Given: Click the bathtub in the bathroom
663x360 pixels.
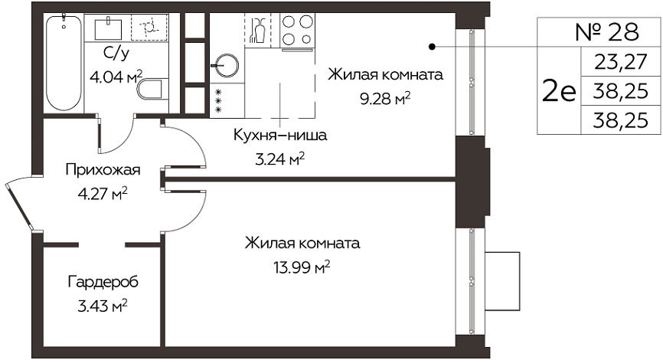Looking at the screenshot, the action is point(64,63).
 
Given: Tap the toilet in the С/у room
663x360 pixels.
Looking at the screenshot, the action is point(150,89).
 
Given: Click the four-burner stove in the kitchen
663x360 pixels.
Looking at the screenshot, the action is point(298,30).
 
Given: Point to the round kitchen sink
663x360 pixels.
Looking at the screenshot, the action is point(227,66).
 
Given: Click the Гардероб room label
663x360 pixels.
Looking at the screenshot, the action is point(103,282).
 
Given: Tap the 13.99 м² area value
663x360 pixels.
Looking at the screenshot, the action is point(302,267).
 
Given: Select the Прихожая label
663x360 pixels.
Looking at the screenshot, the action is point(103,170).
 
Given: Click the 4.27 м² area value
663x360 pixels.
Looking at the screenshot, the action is point(103,195).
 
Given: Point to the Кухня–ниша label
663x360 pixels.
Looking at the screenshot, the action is point(280,136).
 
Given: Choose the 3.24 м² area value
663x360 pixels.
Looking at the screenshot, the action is point(280,159).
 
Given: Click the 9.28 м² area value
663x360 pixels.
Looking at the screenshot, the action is point(385,99).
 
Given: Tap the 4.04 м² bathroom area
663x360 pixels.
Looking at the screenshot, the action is point(116,77).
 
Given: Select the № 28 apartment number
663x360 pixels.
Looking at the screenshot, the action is point(607,31).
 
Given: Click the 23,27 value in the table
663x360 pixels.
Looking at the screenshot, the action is point(620,62).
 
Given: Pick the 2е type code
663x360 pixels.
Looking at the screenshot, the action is point(559,92).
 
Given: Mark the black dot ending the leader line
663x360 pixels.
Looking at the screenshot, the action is point(432,47).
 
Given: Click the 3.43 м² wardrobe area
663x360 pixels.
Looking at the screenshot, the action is point(103,306).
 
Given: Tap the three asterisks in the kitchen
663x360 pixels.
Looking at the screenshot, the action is point(219,100).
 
